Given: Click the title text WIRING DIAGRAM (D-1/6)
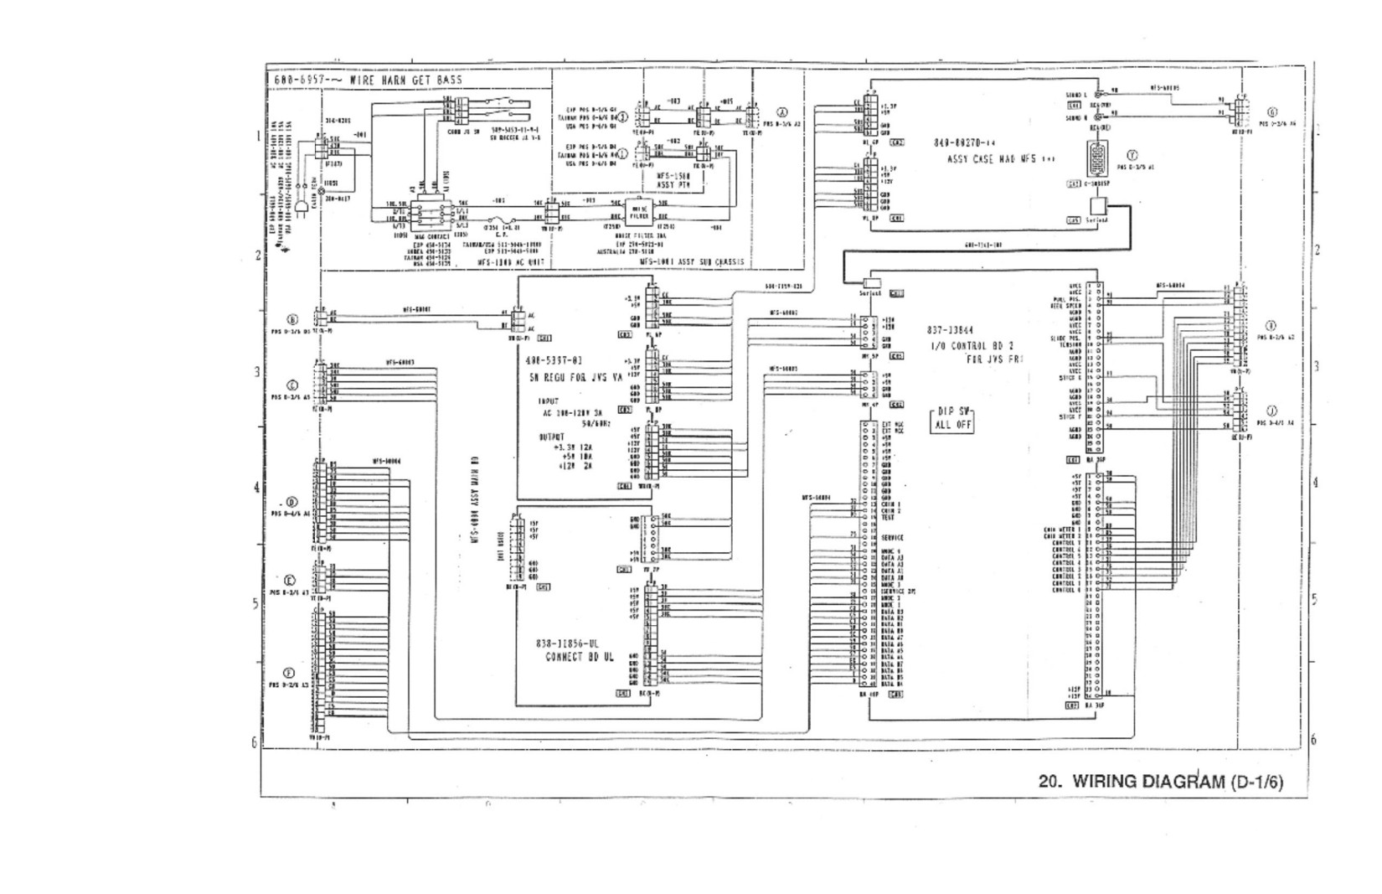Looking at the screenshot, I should coord(1160,782).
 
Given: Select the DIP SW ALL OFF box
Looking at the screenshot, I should coord(952,418).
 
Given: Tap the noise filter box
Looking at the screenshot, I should coord(638,210).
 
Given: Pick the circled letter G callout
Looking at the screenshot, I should coord(1272,112).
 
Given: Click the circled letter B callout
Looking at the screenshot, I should coord(292,319).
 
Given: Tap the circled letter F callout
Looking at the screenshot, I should coord(290,673).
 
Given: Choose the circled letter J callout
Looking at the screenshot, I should coord(1272,411).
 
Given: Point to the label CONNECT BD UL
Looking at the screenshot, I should coord(579,657).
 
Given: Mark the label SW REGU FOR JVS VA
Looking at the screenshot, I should coord(576,377).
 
